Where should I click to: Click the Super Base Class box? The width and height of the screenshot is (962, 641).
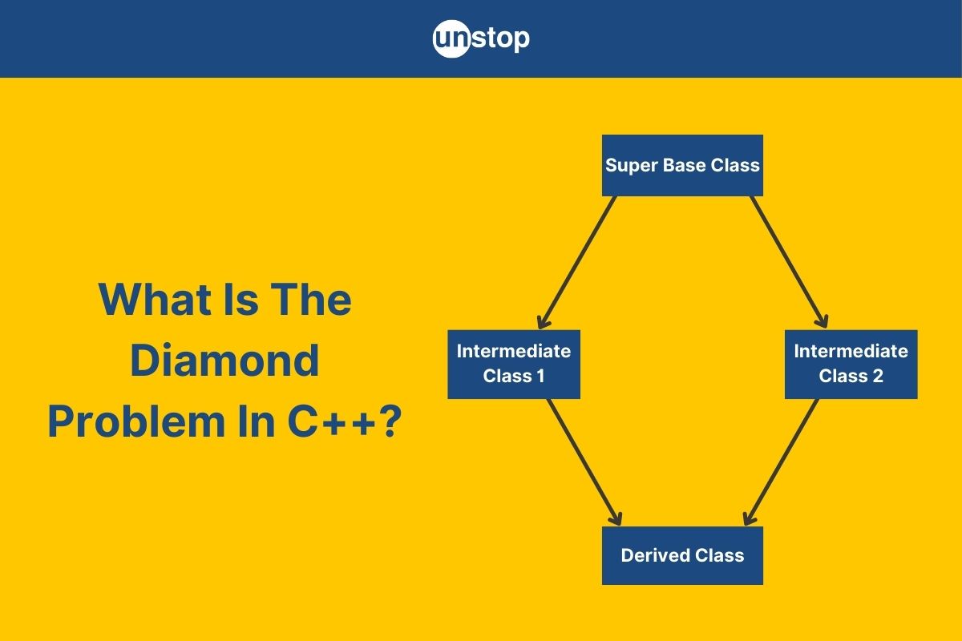pos(682,165)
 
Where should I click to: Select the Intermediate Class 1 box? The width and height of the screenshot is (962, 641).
pos(514,364)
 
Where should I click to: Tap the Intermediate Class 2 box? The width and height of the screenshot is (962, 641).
pos(851,364)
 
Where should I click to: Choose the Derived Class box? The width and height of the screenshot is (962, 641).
pos(682,555)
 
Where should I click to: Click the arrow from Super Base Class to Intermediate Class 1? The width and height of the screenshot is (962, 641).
pos(577,263)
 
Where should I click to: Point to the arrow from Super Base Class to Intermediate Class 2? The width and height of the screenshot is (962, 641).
pos(790,262)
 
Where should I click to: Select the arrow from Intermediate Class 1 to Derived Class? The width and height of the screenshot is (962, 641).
pos(584,462)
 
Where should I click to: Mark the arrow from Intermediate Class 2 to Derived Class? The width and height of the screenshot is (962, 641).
pos(781,462)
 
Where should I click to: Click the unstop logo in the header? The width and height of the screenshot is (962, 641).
pos(481,38)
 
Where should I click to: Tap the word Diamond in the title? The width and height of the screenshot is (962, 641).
pos(224,361)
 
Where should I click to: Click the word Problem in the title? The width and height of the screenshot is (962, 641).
pos(136,421)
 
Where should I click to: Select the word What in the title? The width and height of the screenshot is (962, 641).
pos(155,299)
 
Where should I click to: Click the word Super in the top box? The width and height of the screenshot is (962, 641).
pos(632,165)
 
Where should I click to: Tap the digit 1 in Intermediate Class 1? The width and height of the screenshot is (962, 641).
pos(540,376)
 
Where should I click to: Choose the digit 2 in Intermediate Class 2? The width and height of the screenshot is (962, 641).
pos(878,376)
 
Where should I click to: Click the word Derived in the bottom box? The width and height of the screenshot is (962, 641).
pos(655,555)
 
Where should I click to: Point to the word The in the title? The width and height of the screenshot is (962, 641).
pos(310,299)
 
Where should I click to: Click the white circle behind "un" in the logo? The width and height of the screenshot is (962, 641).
pos(451,38)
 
